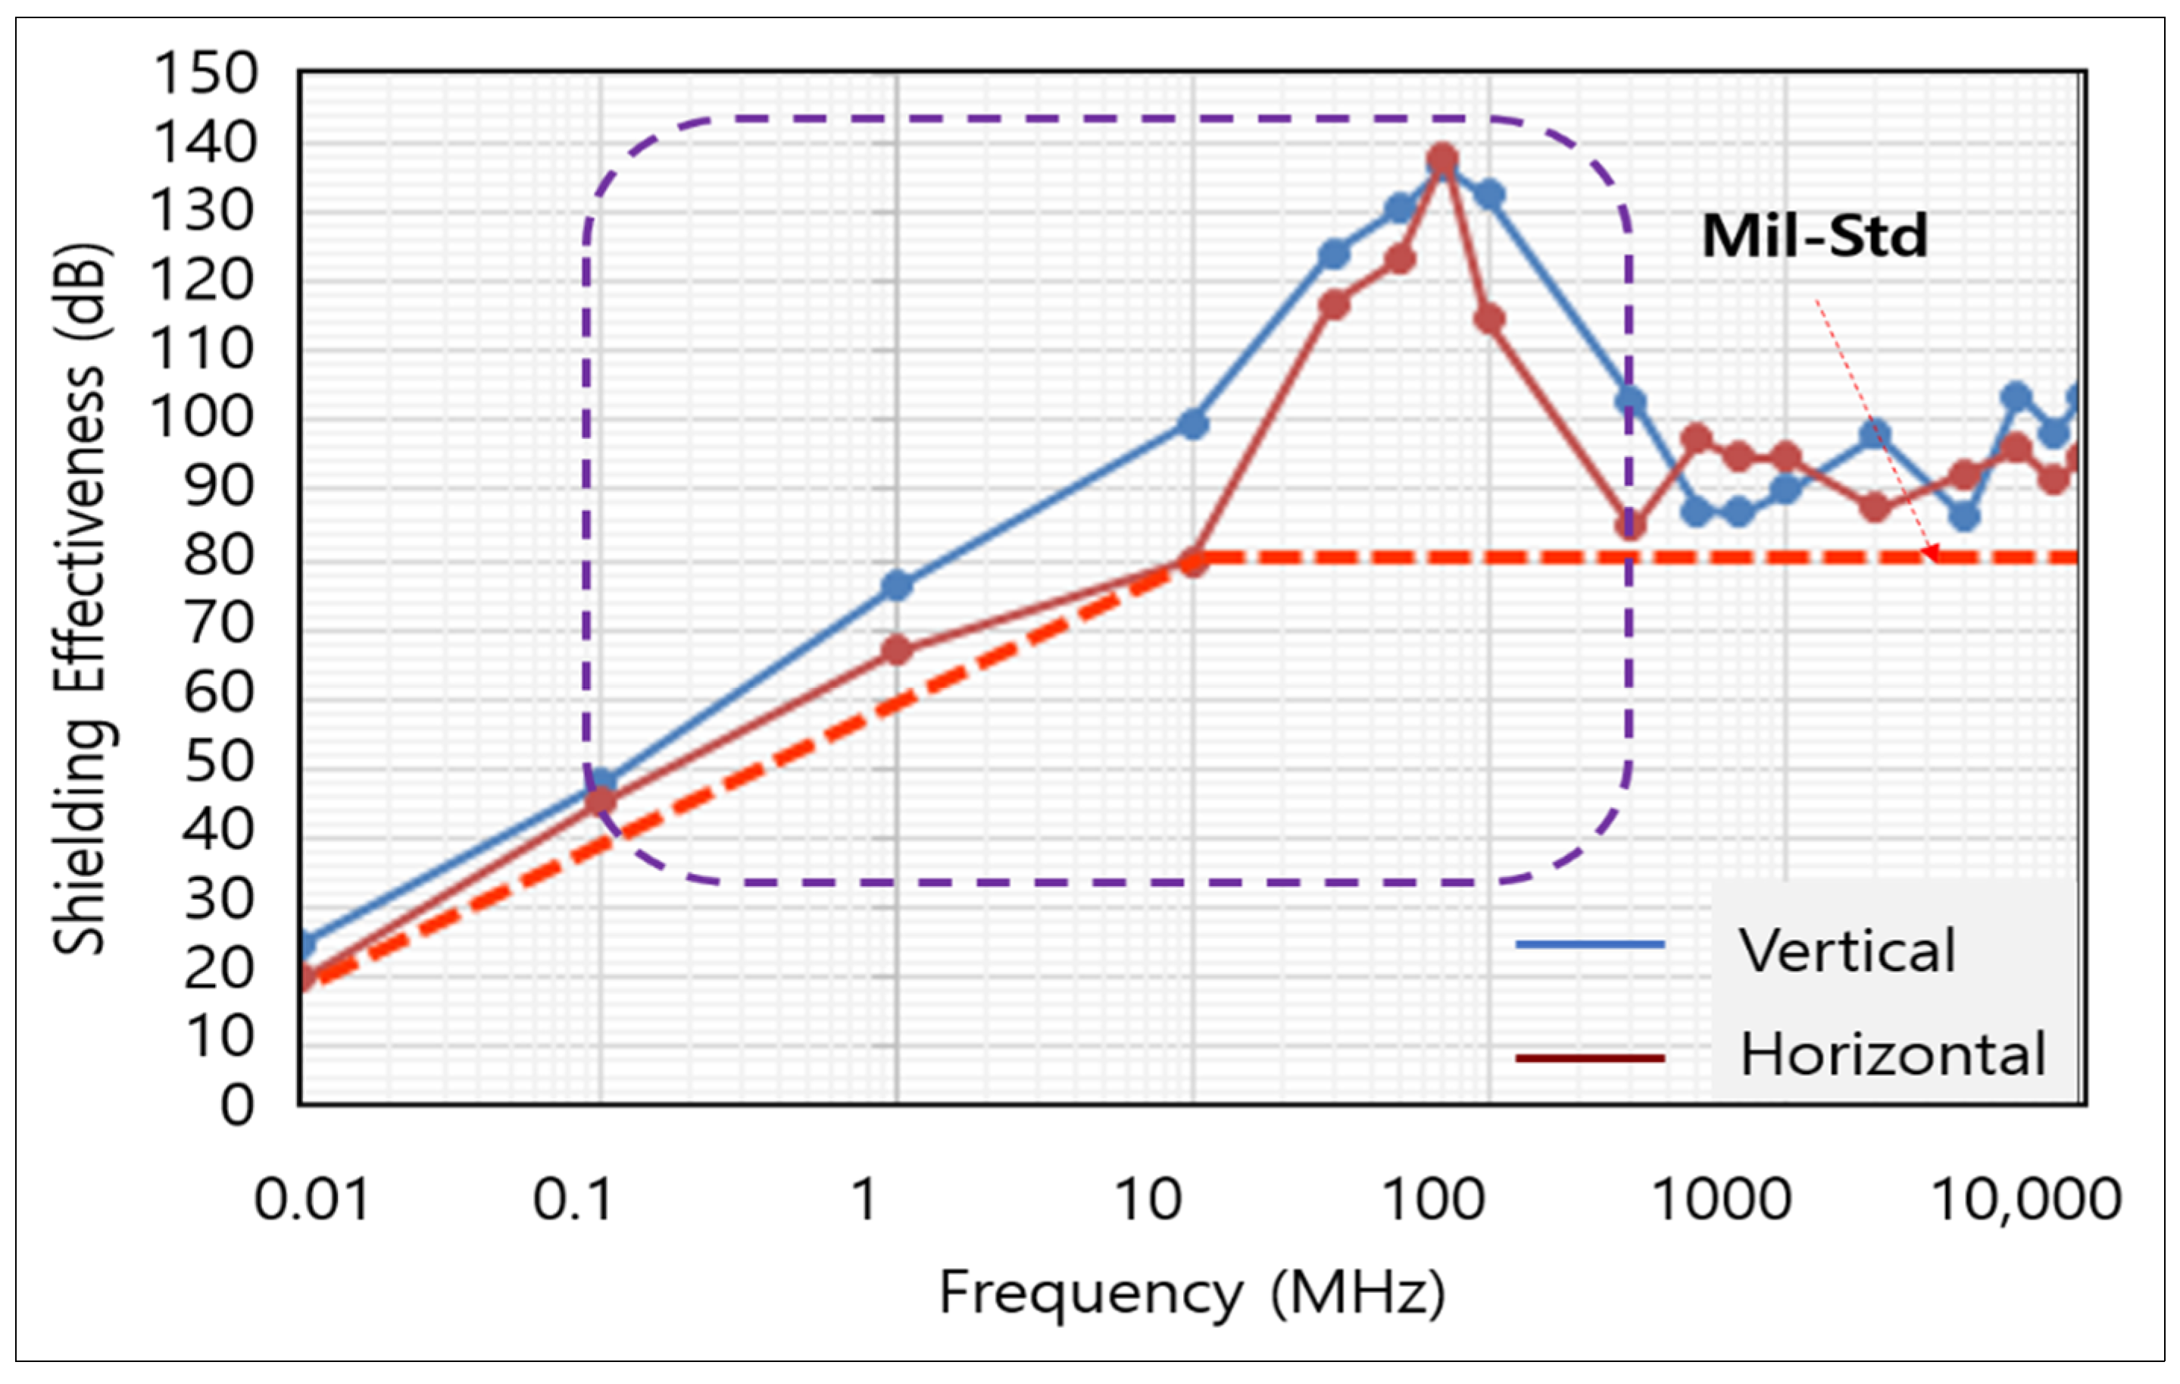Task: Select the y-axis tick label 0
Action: [x=237, y=1106]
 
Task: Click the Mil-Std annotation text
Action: [x=1814, y=237]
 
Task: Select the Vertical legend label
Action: [x=1847, y=951]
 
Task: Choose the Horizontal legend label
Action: [x=1892, y=1055]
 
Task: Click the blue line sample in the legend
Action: [x=1590, y=944]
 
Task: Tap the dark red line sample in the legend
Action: [x=1590, y=1058]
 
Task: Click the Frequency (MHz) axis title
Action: [x=1192, y=1292]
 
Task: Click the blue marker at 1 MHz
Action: [x=896, y=586]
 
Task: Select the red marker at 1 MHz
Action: [x=896, y=650]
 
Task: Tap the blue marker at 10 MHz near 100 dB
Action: [x=1192, y=424]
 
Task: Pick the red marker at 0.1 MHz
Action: [x=600, y=800]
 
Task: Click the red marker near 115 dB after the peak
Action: [x=1489, y=319]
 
